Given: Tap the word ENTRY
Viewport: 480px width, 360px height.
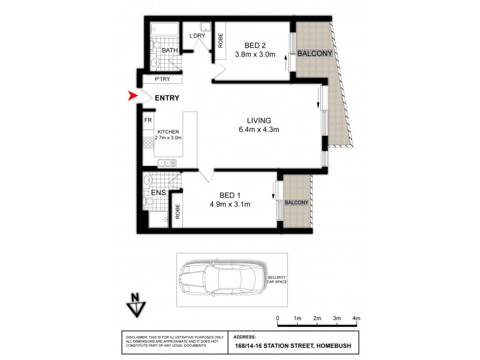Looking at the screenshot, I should [166, 98].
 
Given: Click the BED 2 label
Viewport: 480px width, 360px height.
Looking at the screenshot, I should [255, 45].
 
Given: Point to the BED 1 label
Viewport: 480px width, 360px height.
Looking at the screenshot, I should [230, 195].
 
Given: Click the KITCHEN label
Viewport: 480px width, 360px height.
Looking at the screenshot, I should [168, 132].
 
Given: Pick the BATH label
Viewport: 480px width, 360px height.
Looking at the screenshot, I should [169, 51].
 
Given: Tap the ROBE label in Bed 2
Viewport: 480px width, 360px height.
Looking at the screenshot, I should [220, 40].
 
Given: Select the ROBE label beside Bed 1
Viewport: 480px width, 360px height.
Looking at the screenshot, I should [178, 211].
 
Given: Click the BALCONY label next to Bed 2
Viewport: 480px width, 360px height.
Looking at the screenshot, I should [314, 53].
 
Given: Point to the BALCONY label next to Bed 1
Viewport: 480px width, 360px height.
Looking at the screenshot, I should [296, 203].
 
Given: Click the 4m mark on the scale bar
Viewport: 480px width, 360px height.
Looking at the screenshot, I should [356, 317].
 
